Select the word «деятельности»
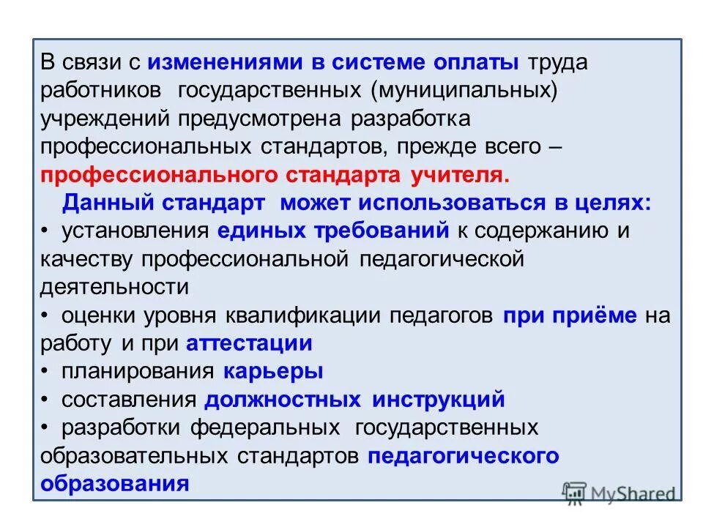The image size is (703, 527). pos(115,287)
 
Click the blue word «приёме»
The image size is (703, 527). pos(601,315)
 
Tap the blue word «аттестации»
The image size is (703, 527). pos(249,343)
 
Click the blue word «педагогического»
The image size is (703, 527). pos(464,456)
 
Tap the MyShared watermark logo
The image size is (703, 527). pos(619,493)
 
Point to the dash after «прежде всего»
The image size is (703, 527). pos(555,146)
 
